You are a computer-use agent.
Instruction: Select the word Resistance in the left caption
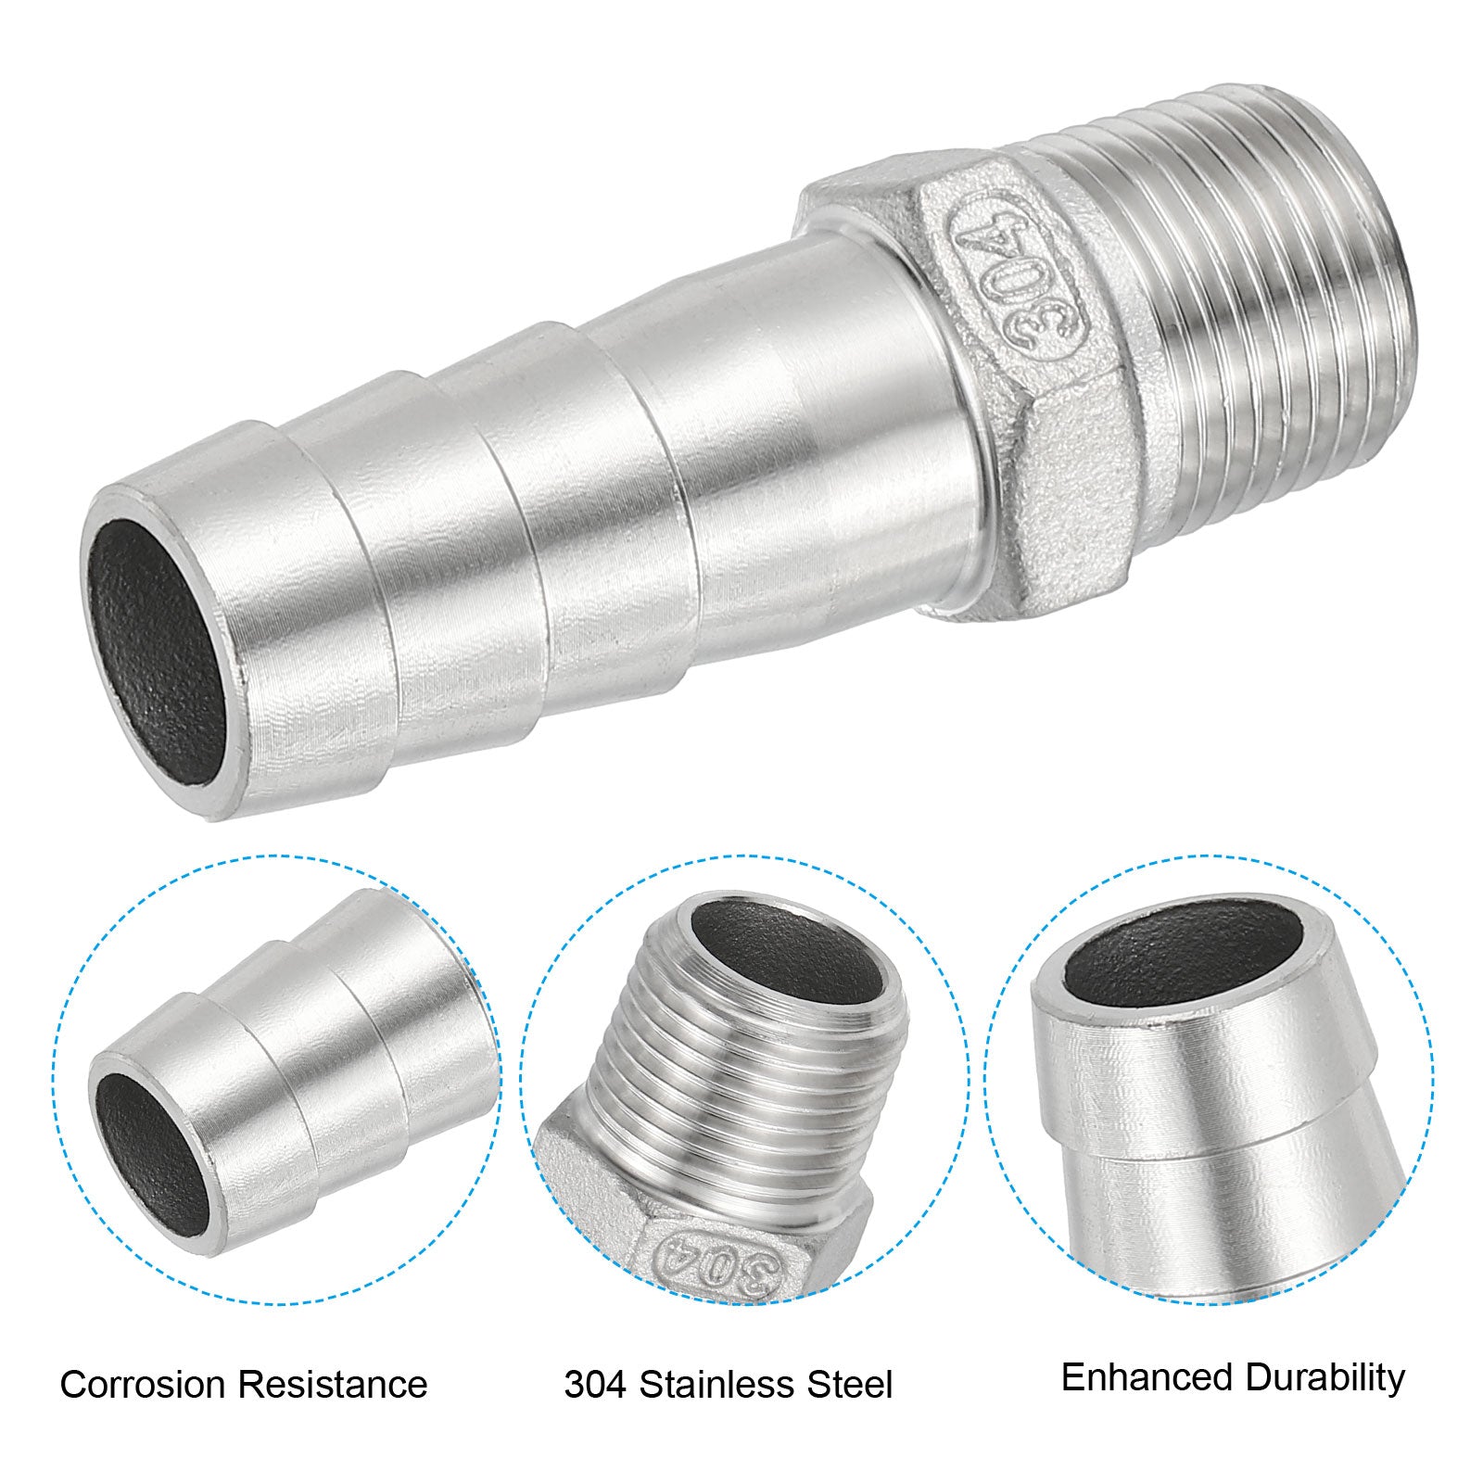pyautogui.click(x=331, y=1385)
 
